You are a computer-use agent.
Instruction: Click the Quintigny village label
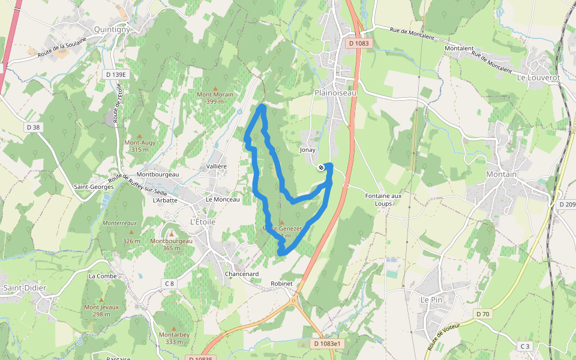(112, 28)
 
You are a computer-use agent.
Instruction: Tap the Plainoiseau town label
(335, 93)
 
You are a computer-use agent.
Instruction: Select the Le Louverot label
(538, 77)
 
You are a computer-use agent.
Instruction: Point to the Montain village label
(501, 175)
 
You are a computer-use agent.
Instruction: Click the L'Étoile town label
(202, 221)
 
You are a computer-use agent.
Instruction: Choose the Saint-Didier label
(25, 288)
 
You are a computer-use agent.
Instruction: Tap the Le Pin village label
(431, 299)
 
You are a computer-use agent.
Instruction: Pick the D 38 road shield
(33, 127)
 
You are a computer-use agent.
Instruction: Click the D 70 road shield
(483, 314)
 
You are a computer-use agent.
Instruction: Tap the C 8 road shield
(169, 284)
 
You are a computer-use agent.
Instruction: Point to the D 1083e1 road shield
(327, 344)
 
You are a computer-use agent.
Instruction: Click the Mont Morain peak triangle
(215, 88)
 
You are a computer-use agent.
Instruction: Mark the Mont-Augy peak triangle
(139, 136)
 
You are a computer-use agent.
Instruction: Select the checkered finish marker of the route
(322, 167)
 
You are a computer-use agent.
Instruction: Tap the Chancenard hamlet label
(241, 274)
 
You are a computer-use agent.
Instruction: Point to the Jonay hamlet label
(307, 149)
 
